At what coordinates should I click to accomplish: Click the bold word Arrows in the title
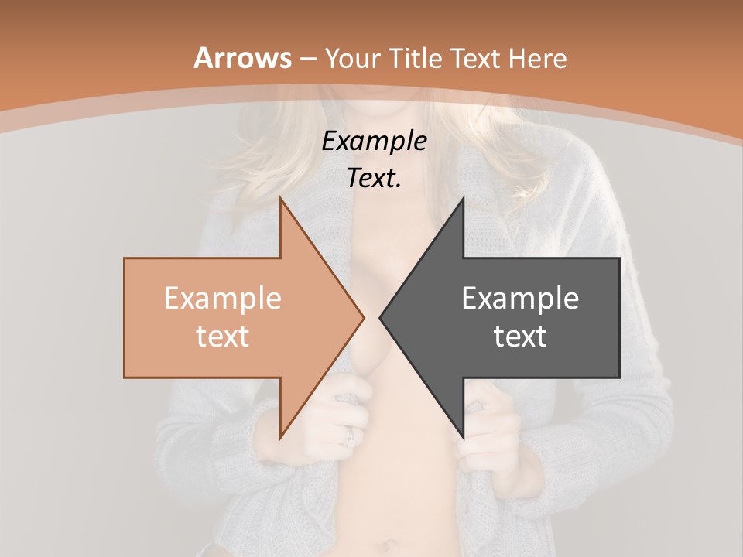tap(242, 58)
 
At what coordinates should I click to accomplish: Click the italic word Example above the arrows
tap(374, 141)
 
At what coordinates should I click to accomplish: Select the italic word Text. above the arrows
tap(374, 178)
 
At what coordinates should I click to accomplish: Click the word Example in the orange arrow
tap(222, 298)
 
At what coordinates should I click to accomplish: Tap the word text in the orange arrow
tap(222, 336)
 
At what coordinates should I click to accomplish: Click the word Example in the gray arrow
tap(520, 298)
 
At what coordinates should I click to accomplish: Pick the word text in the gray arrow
tap(520, 336)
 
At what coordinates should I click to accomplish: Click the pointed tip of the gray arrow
tap(381, 317)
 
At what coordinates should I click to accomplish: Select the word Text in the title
tap(477, 58)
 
